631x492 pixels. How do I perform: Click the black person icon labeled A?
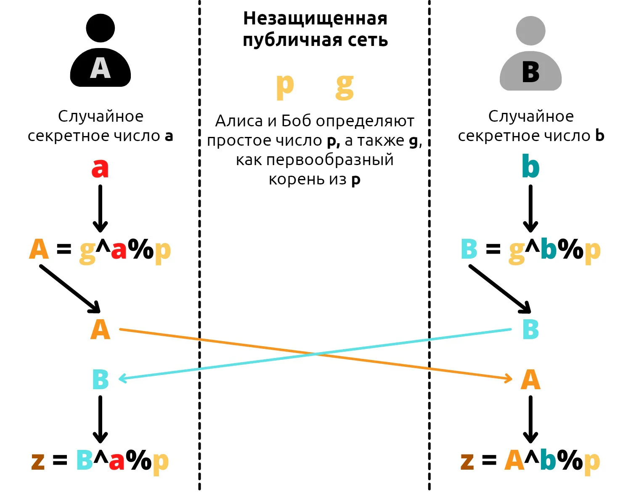click(x=100, y=50)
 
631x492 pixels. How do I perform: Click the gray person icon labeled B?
click(x=530, y=53)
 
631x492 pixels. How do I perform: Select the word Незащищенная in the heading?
click(x=315, y=19)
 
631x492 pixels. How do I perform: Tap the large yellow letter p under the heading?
click(x=284, y=87)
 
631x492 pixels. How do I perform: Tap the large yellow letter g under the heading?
click(x=345, y=87)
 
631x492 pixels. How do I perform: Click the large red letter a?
click(x=100, y=168)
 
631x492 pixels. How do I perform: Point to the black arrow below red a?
click(x=100, y=209)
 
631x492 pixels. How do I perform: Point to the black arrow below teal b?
click(x=530, y=209)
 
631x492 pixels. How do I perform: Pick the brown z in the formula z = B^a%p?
click(x=38, y=461)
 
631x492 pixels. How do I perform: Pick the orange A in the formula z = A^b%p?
click(x=514, y=460)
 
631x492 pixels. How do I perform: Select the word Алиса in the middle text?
click(x=239, y=121)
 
